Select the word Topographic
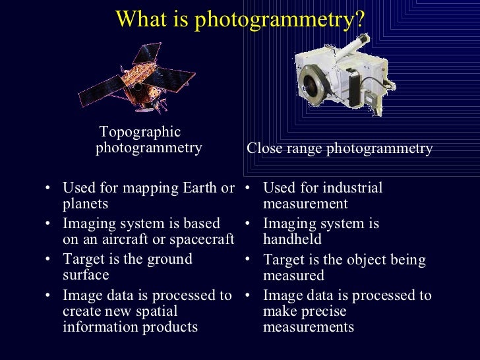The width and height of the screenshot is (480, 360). pyautogui.click(x=140, y=132)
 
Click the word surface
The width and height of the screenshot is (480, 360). pyautogui.click(x=86, y=275)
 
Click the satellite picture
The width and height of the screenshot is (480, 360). pyautogui.click(x=138, y=80)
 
